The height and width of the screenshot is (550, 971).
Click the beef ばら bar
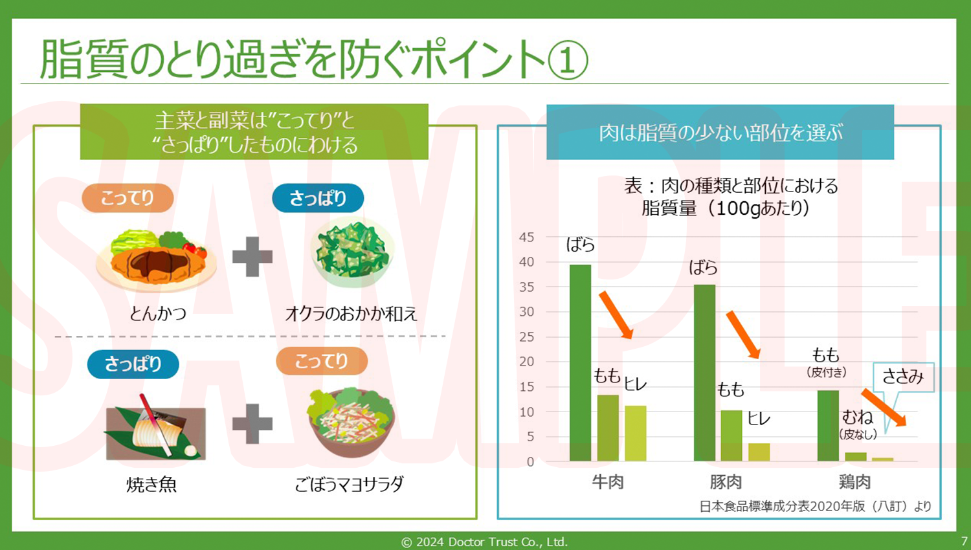[580, 362]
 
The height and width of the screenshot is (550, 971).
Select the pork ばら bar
[704, 373]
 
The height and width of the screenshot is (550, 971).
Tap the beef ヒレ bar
[635, 433]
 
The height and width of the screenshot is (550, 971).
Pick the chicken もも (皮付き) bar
[828, 425]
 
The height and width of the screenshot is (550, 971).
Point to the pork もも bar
[731, 435]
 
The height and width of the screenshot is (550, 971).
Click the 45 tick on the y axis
[526, 237]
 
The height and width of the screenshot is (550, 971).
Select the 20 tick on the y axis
[526, 362]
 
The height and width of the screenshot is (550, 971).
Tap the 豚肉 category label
[726, 482]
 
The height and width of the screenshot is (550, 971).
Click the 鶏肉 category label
[854, 482]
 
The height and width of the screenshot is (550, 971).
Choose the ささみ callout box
[903, 377]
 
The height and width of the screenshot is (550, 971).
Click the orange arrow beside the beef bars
[615, 315]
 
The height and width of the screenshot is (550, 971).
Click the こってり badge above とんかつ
[128, 198]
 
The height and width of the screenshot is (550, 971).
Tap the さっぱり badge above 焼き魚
[133, 364]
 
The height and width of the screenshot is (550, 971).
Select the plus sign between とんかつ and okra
[252, 257]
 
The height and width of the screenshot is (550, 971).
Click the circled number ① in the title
[567, 60]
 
